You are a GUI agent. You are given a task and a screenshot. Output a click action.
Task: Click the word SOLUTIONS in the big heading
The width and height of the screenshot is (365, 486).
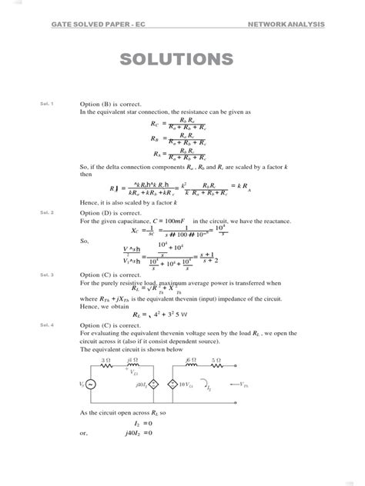click(182, 60)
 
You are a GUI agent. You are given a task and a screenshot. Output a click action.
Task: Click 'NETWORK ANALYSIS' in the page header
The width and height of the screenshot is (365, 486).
click(286, 25)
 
